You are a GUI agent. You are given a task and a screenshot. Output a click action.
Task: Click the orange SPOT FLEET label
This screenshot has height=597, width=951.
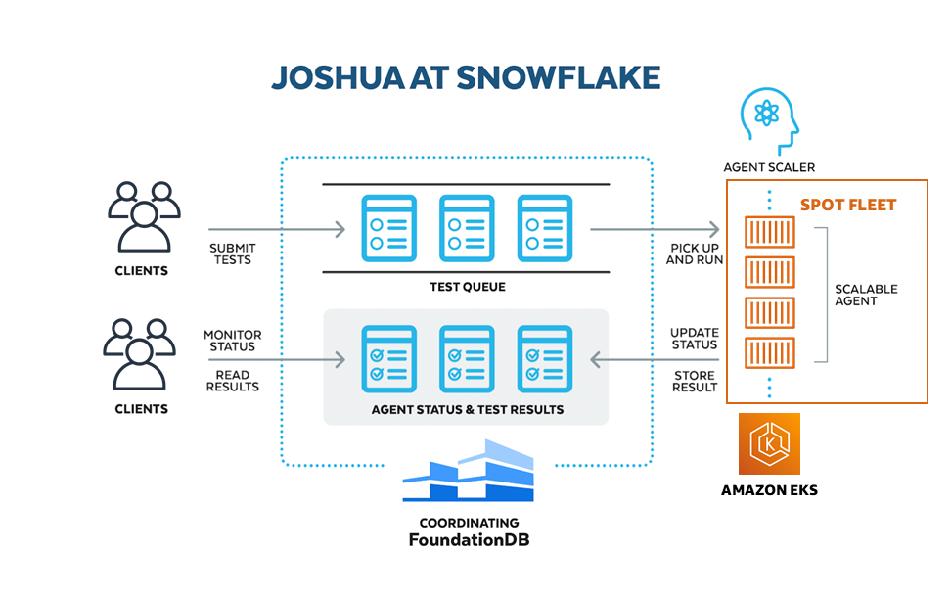pyautogui.click(x=848, y=206)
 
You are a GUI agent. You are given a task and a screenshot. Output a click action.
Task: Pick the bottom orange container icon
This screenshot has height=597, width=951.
pyautogui.click(x=770, y=351)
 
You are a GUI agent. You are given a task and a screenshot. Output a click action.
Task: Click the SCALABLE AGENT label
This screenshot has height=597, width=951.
pyautogui.click(x=866, y=296)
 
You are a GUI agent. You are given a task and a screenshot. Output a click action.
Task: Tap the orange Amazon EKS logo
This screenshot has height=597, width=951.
pyautogui.click(x=769, y=443)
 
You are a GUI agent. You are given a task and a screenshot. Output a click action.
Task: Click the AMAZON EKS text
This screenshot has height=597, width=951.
pyautogui.click(x=769, y=489)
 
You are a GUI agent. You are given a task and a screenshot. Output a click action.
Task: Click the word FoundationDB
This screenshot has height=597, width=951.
pyautogui.click(x=469, y=540)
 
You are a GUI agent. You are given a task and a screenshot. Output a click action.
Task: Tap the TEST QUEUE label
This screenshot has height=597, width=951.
pyautogui.click(x=466, y=287)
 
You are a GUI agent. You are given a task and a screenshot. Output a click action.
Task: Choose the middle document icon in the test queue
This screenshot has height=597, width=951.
pyautogui.click(x=467, y=228)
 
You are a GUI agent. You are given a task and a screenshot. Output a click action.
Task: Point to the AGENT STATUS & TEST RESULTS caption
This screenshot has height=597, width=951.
pyautogui.click(x=467, y=409)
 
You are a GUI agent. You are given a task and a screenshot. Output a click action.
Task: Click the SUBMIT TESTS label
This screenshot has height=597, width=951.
pyautogui.click(x=231, y=253)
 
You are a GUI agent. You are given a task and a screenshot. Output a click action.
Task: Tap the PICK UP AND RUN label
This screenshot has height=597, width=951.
pyautogui.click(x=694, y=254)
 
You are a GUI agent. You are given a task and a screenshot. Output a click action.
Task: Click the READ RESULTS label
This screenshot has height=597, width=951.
pyautogui.click(x=232, y=381)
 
